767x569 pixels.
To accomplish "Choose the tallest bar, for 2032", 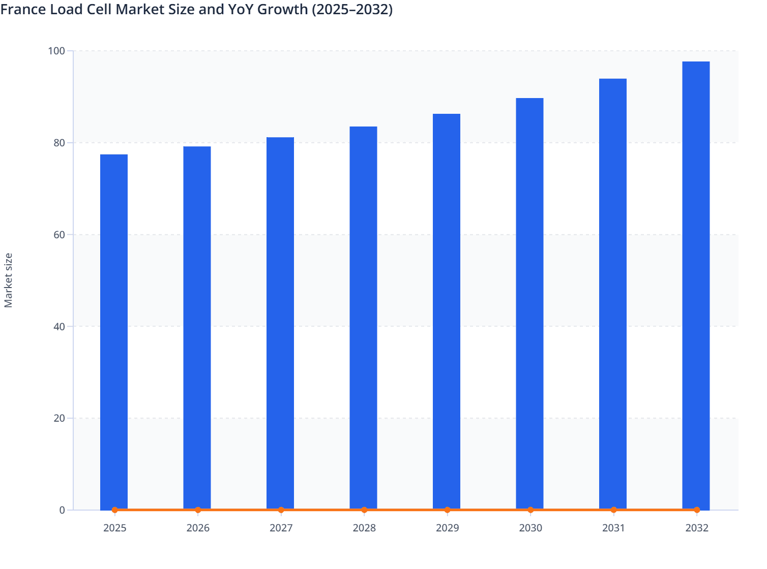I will (696, 285).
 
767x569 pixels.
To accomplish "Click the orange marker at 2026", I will (198, 510).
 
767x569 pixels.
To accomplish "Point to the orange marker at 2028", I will (364, 510).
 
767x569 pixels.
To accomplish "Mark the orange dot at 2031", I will (613, 510).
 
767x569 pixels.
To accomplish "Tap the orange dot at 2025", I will (115, 510).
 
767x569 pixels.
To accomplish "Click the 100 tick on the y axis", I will (56, 51).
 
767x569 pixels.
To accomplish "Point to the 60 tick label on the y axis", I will (59, 235).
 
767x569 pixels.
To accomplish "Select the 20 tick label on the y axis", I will (59, 418).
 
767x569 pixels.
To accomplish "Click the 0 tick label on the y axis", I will (62, 510).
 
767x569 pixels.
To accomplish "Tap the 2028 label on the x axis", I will (364, 528).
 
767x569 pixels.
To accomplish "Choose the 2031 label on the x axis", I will (613, 528).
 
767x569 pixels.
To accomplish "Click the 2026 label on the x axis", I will (198, 528).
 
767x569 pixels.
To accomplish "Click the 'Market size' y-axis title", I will (8, 280).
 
